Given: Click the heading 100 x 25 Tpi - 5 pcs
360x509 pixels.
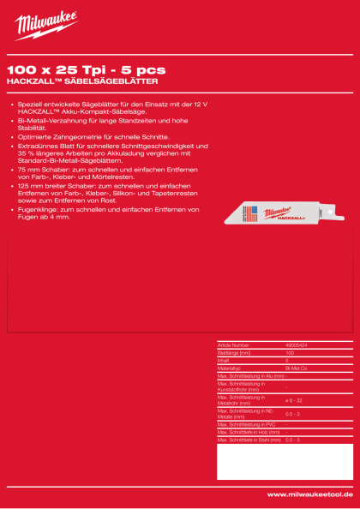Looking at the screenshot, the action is (x=86, y=68).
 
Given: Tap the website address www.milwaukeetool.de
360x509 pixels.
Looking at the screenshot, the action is (x=309, y=494).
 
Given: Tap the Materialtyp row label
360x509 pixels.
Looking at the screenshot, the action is (x=232, y=368).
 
